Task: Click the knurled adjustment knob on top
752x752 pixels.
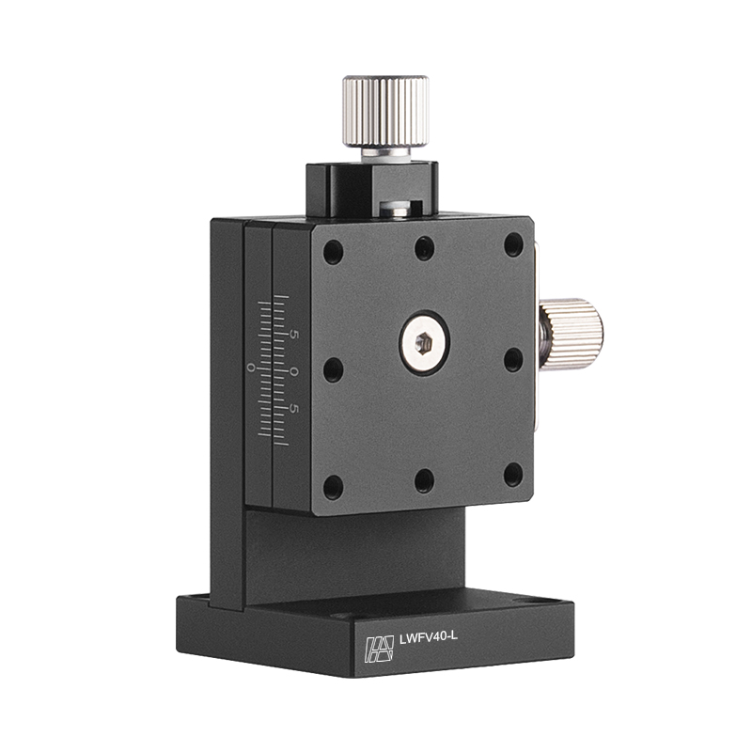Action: point(385,111)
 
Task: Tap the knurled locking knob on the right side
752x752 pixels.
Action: point(572,334)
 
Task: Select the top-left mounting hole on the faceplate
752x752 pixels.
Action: point(333,252)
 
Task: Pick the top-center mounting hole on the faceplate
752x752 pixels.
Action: point(425,248)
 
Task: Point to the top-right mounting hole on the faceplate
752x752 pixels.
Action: point(513,244)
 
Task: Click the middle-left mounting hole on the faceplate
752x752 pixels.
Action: point(333,369)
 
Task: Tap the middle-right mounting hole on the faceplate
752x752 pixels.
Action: point(513,360)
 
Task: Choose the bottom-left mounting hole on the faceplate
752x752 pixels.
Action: point(333,486)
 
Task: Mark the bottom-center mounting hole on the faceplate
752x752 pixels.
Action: point(425,481)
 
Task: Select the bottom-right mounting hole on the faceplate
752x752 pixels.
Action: point(513,475)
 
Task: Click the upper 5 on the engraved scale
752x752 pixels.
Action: point(294,335)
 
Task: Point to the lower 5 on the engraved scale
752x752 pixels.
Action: point(294,409)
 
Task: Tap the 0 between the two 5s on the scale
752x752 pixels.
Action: point(294,372)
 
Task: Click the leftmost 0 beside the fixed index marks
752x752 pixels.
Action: point(250,368)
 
